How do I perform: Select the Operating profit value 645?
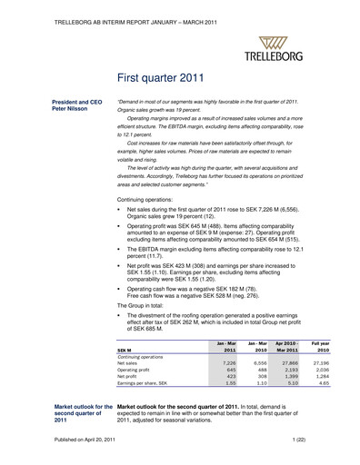pos(230,370)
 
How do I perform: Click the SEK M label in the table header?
pos(126,348)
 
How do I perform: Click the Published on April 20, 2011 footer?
pos(88,440)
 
